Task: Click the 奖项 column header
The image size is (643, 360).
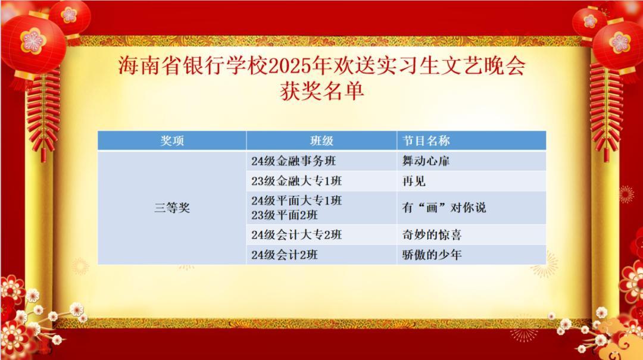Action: [x=172, y=140]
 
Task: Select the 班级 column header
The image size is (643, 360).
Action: [x=321, y=140]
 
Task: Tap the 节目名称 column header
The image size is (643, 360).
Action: [x=426, y=140]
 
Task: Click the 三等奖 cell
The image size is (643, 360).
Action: [x=172, y=208]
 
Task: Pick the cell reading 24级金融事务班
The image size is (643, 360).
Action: [x=294, y=161]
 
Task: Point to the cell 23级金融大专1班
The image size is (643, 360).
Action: [x=296, y=181]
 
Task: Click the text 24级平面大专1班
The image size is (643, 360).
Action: [x=296, y=201]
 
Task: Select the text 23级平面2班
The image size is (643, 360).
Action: [x=285, y=215]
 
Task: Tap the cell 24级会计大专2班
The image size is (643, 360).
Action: [x=296, y=235]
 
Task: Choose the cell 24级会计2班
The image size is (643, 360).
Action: [x=285, y=255]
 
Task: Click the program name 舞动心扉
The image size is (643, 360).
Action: [x=426, y=161]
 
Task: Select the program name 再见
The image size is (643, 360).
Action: [x=414, y=181]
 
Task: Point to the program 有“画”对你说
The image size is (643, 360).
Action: [x=444, y=208]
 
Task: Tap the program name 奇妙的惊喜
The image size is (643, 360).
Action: [x=432, y=235]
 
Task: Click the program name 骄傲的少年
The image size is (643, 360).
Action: [x=432, y=255]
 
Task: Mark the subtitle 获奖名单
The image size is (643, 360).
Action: [x=322, y=91]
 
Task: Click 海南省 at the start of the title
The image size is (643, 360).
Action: [x=150, y=65]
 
